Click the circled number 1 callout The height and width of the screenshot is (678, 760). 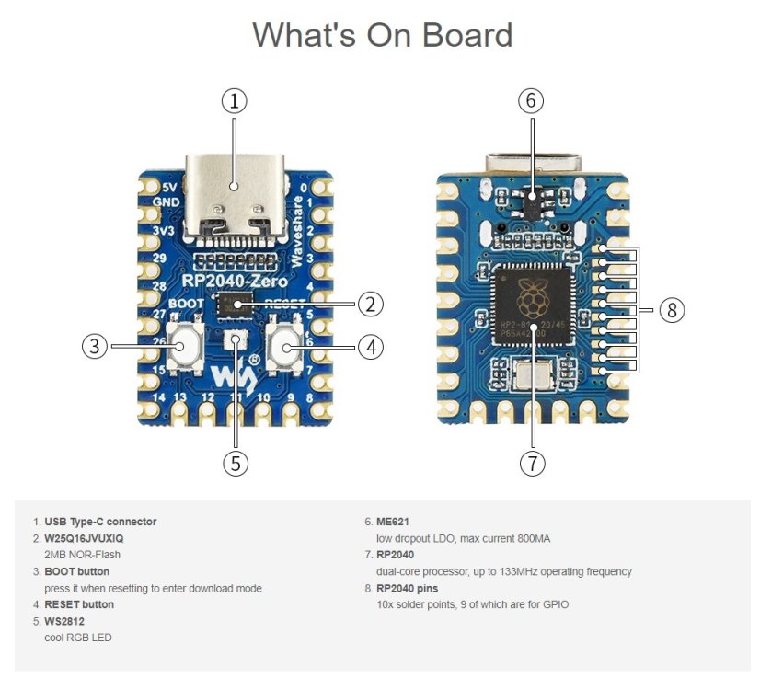click(235, 101)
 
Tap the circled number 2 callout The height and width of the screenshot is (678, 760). click(369, 304)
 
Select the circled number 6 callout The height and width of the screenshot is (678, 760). click(530, 101)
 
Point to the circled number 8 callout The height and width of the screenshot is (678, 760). click(672, 310)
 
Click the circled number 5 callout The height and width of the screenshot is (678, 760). click(236, 463)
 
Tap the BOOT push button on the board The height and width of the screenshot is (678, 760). click(187, 347)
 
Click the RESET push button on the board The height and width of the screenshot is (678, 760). click(286, 347)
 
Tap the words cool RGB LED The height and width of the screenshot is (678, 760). click(78, 638)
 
